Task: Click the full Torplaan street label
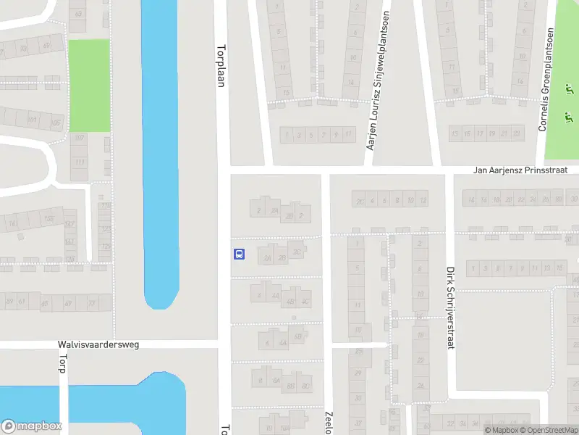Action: coord(221,66)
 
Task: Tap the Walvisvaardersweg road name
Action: coord(98,344)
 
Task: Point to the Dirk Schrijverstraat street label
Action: coord(449,307)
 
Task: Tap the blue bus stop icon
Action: coord(238,254)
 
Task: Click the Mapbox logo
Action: coord(31,427)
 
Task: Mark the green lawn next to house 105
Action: coord(89,86)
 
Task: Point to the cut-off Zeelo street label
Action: coord(327,420)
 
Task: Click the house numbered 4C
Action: coord(306,302)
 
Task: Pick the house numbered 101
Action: coord(32,120)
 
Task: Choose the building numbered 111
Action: coord(79,162)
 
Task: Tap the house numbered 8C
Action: coord(306,386)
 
